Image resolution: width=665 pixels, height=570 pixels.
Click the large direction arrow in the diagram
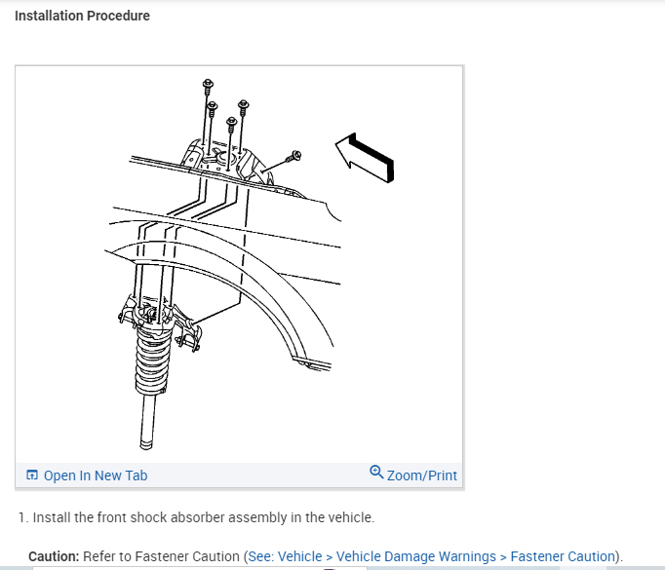[366, 159]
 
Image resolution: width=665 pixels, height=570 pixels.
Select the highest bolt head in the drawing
[208, 85]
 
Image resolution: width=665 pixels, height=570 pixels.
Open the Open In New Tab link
[96, 475]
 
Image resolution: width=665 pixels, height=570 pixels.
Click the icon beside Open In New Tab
[32, 475]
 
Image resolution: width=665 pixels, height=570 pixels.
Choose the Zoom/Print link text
[421, 475]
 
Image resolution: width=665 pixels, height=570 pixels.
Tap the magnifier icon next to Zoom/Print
[376, 474]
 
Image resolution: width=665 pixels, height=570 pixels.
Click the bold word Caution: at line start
[54, 556]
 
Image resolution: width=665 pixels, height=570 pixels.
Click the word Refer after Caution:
[101, 556]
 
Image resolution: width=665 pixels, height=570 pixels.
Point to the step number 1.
[21, 517]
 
